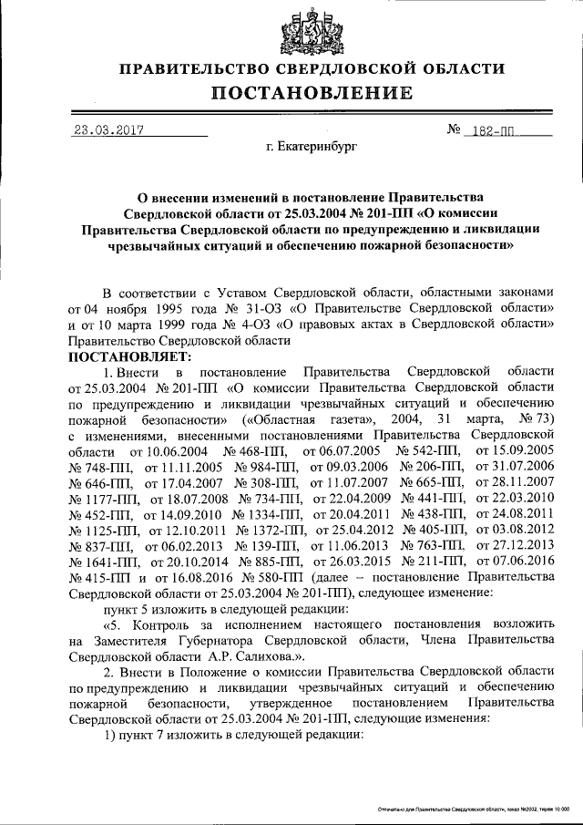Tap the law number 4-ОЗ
[243, 325]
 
